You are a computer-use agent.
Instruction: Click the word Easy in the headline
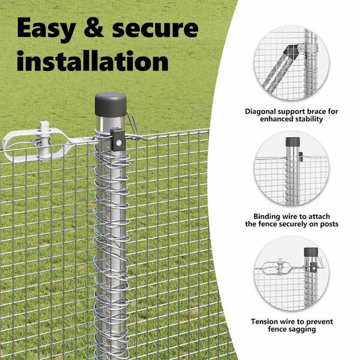(46, 29)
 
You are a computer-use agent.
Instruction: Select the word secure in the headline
(155, 28)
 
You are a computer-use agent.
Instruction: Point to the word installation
(93, 61)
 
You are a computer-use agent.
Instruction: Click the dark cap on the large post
(110, 104)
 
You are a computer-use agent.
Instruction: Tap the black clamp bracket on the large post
(118, 140)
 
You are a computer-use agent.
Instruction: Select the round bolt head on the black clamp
(119, 143)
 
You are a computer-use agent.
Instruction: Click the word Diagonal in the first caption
(260, 112)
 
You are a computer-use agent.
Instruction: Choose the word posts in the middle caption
(328, 224)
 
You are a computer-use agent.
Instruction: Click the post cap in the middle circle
(293, 142)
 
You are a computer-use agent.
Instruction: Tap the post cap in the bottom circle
(311, 252)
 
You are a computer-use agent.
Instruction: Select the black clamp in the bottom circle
(314, 268)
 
